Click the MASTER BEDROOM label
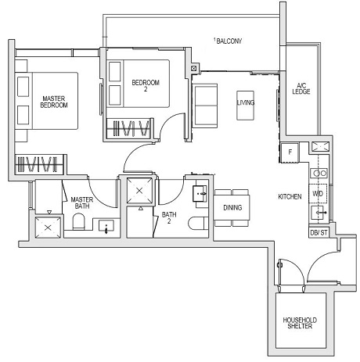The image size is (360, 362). [x=52, y=102]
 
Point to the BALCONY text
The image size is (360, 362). [x=229, y=41]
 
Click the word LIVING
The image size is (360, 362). [x=246, y=102]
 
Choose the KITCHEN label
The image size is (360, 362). [x=289, y=196]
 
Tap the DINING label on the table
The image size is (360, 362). [x=232, y=207]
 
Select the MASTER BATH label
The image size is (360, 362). [x=82, y=203]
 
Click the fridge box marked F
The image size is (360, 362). [x=290, y=152]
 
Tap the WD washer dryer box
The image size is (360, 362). [x=318, y=192]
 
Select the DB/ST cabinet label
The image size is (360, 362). [x=318, y=232]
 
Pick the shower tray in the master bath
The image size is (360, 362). [x=49, y=227]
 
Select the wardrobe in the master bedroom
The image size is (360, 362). [x=39, y=165]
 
